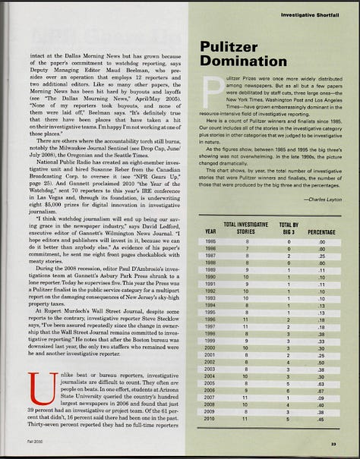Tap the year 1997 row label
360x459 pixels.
coord(210,326)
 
